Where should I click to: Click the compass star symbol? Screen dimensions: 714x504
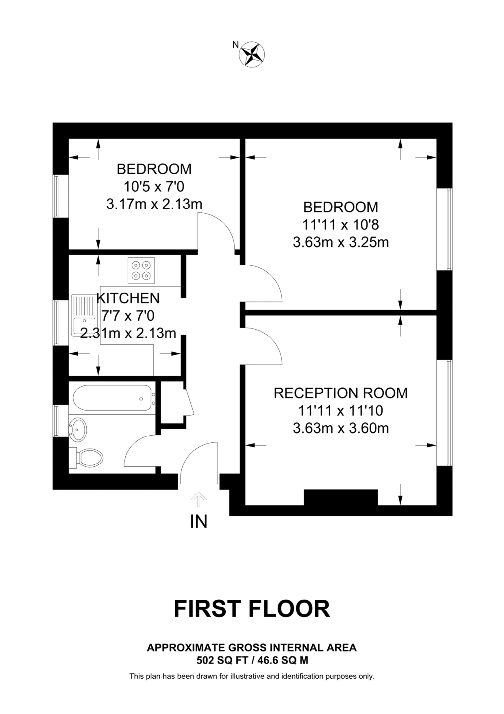[252, 54]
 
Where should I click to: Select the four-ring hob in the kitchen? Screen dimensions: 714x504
[141, 270]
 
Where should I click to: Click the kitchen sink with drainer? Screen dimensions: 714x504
[84, 315]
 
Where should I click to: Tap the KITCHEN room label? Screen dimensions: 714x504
[128, 298]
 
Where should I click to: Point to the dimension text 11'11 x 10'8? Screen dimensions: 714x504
[340, 225]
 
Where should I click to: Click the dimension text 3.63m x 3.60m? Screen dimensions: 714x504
[341, 429]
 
